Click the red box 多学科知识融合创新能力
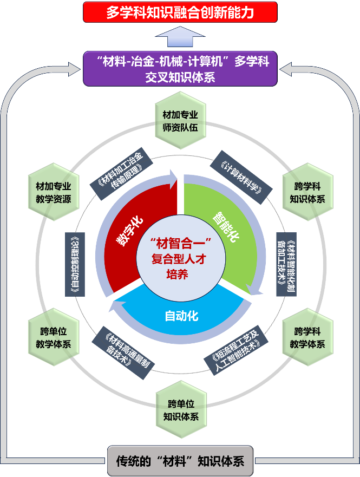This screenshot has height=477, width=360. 180,12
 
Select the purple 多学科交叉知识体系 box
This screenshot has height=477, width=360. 180,69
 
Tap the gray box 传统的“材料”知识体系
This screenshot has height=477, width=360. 180,461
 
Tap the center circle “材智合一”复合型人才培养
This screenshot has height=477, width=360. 180,258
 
